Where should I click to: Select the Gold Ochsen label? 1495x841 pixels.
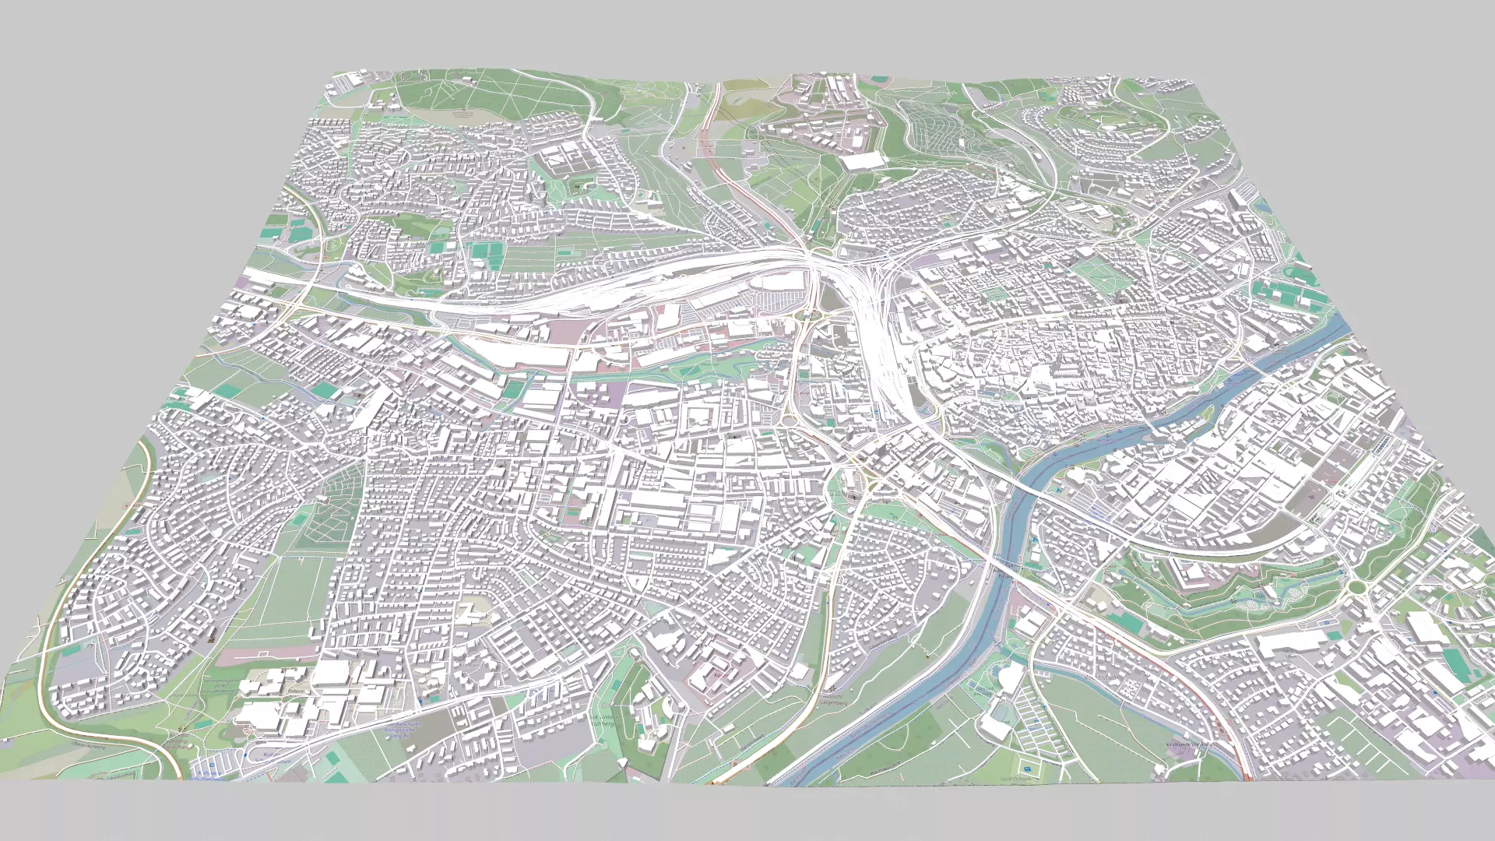click(x=1015, y=779)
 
